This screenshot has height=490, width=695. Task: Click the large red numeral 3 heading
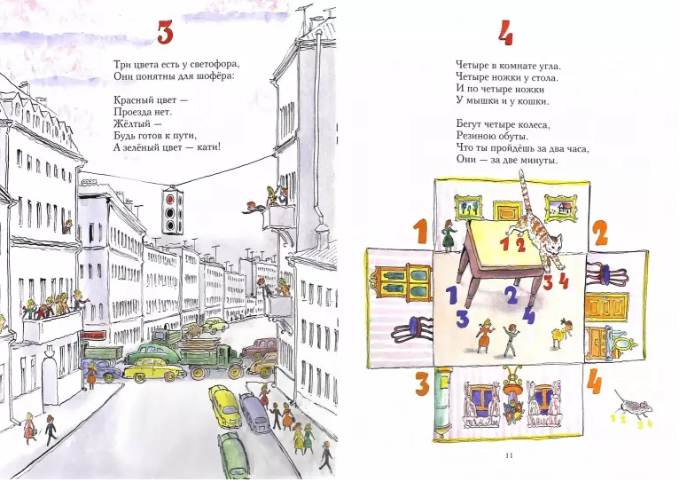point(165,33)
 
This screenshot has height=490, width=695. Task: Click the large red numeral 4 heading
point(505,34)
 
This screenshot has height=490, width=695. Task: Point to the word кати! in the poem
point(209,147)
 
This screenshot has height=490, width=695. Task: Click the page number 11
point(509,454)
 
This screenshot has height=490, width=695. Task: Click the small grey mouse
point(634,404)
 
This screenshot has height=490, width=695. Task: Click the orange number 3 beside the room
point(422,383)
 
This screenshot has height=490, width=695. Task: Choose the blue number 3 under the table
point(463,318)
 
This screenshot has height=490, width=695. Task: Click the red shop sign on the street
point(93,335)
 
